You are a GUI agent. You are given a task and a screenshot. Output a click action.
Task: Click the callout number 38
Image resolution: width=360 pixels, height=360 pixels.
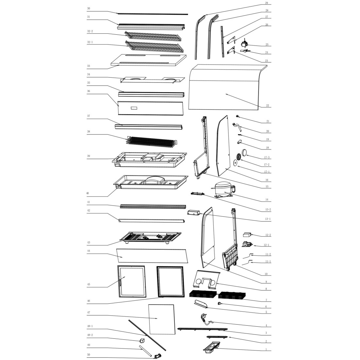click(88, 132)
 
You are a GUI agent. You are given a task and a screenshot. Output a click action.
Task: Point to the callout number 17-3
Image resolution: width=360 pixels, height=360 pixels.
click(266, 157)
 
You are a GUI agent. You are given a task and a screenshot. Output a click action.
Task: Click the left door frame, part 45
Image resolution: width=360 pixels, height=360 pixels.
click(132, 281)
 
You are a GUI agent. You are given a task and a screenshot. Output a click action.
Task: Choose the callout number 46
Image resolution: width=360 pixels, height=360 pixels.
click(88, 301)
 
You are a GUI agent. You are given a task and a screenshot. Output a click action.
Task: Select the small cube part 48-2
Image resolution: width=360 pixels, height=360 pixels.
click(142, 340)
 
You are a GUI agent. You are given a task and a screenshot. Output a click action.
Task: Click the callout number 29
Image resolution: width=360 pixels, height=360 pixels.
click(266, 3)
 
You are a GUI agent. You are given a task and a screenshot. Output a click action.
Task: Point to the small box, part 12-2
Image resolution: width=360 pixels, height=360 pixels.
click(247, 235)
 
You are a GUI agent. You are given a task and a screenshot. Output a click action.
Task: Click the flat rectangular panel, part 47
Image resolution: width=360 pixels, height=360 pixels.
click(161, 319)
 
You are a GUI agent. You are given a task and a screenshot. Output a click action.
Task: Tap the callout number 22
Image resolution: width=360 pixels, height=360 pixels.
click(267, 106)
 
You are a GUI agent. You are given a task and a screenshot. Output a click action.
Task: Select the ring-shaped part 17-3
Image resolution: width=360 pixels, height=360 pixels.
click(244, 152)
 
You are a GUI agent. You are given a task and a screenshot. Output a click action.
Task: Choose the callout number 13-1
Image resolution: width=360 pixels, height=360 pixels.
click(268, 219)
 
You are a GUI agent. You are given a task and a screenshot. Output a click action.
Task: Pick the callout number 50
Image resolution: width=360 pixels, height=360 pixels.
click(88, 354)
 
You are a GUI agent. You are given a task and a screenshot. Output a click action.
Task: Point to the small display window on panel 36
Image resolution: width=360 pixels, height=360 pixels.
click(134, 108)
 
